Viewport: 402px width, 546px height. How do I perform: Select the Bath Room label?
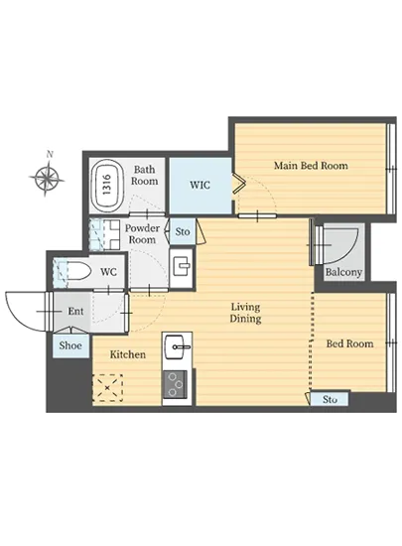(145, 175)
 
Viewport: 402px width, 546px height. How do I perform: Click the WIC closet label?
(200, 185)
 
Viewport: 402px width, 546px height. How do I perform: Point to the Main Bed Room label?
(311, 166)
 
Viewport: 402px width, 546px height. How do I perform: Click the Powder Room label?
(142, 233)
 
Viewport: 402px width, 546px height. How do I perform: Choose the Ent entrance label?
(75, 311)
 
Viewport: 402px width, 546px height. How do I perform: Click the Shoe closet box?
(70, 345)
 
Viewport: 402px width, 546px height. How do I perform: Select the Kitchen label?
(128, 354)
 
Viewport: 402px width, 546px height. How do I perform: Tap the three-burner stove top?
(176, 384)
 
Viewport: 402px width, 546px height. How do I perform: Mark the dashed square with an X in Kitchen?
(107, 387)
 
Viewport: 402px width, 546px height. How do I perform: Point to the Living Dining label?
(245, 313)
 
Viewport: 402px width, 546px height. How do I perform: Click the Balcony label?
(343, 272)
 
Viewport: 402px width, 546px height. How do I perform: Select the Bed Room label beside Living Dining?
(349, 343)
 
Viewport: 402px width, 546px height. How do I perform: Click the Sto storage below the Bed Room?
(330, 399)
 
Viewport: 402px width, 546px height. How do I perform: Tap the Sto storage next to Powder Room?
(183, 232)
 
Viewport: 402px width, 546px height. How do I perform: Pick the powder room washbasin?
(182, 267)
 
